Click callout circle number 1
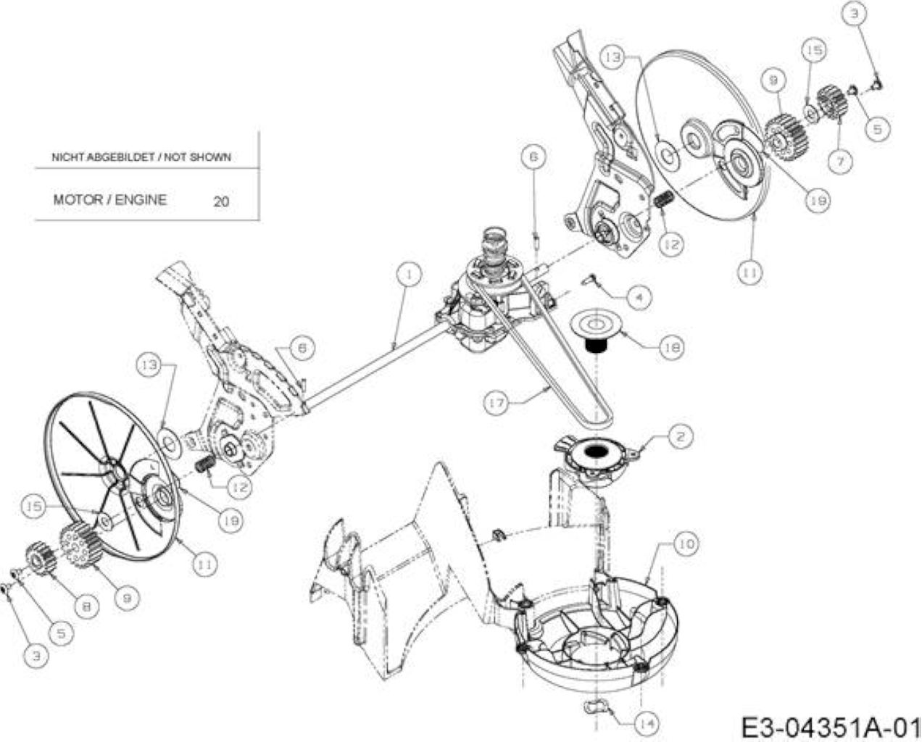[x=409, y=275]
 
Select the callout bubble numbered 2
[x=680, y=436]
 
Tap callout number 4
[x=639, y=297]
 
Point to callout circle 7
[x=840, y=162]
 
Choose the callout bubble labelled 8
[x=86, y=606]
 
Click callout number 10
[x=686, y=544]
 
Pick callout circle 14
[x=647, y=724]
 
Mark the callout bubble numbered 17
[x=496, y=403]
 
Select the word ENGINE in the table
[x=141, y=200]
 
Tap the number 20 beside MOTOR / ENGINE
[x=221, y=201]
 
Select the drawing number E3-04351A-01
[x=831, y=727]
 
